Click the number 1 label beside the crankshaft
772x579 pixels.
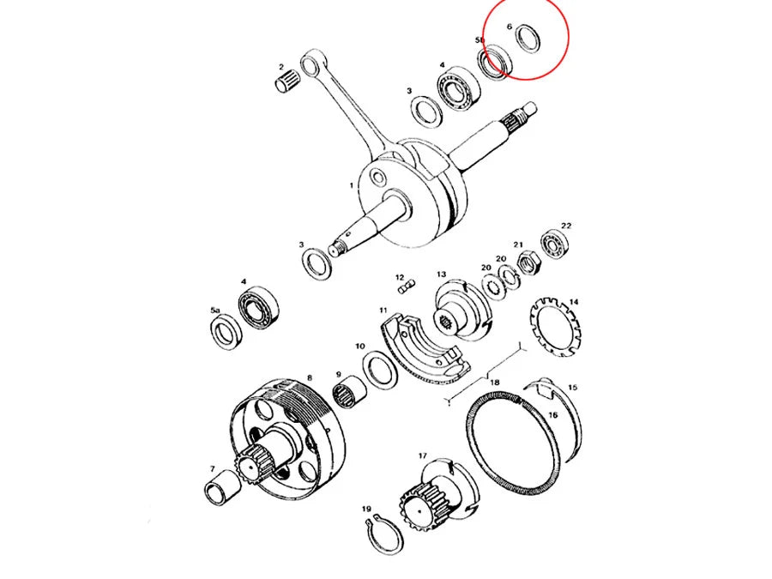[352, 184]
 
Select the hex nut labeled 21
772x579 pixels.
[530, 262]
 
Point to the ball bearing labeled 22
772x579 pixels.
[556, 246]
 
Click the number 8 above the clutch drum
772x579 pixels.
[309, 377]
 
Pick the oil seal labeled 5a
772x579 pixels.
[227, 329]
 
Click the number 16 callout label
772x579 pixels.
[553, 415]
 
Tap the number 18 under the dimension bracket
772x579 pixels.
[494, 383]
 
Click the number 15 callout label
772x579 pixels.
[572, 388]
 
